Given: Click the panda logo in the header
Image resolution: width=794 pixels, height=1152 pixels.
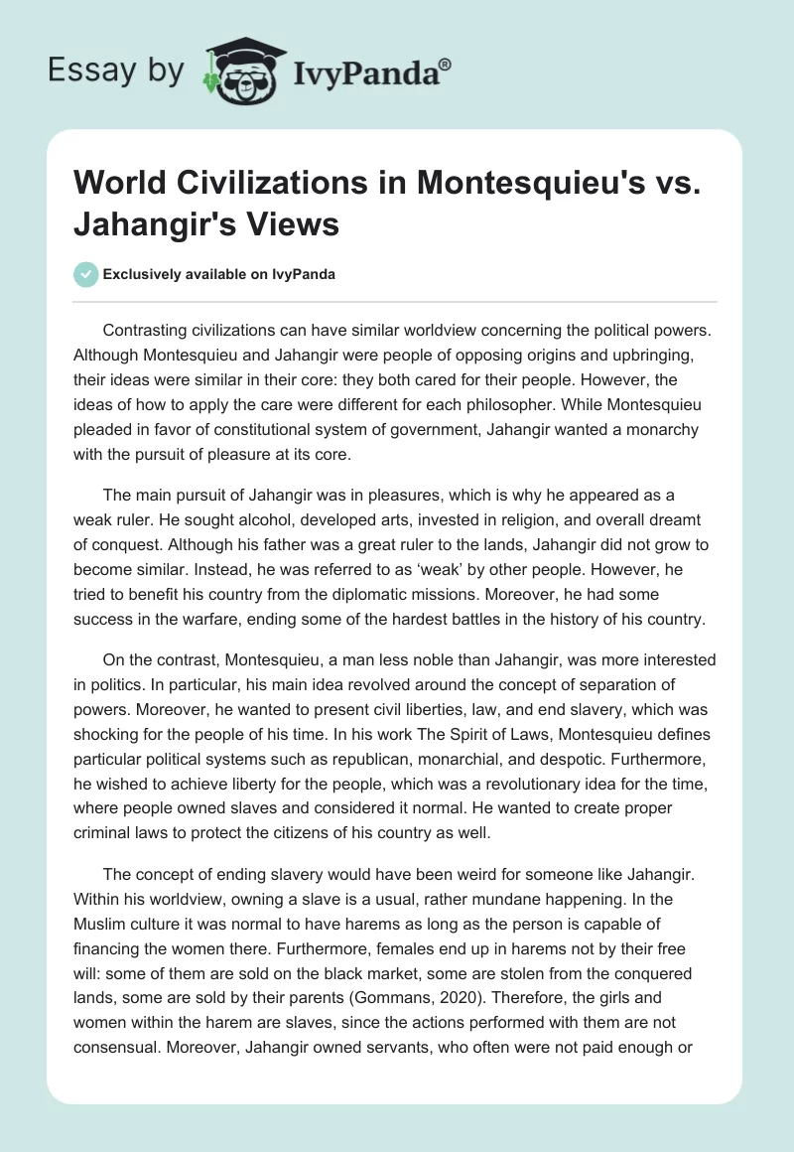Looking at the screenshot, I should pos(237,70).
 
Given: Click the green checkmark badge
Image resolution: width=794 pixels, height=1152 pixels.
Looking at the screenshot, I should pos(85,274).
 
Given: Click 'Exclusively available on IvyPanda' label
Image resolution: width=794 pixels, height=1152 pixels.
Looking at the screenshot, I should pos(218,274).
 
